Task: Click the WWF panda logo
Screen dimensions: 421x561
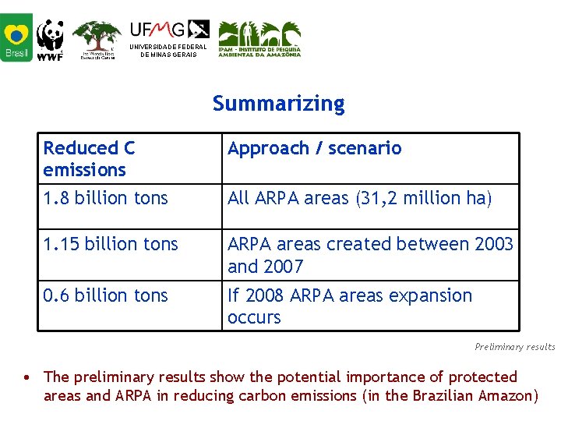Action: tap(51, 39)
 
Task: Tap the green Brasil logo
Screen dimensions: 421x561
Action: tap(16, 37)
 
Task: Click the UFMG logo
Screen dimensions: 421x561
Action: tap(169, 38)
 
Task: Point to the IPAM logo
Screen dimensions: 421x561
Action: tap(259, 39)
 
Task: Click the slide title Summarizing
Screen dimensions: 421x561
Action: tap(278, 104)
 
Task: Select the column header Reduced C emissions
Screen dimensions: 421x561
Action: tap(89, 158)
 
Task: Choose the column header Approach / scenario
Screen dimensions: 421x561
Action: tap(314, 148)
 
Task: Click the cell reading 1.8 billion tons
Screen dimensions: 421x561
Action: tap(105, 199)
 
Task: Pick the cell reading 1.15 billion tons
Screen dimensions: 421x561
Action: tap(111, 244)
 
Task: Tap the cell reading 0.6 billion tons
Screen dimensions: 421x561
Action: tap(105, 295)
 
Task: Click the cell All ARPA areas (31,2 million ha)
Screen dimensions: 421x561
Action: tap(359, 199)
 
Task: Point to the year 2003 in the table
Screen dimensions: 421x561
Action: tap(493, 244)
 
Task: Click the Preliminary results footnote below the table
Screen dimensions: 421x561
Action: tap(514, 347)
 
